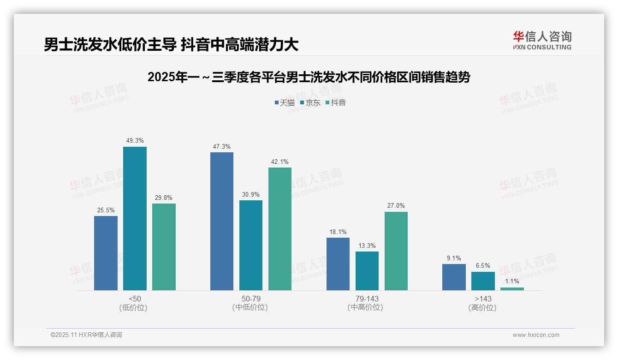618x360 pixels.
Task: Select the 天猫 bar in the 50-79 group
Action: click(222, 221)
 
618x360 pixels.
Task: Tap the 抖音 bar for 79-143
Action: click(396, 251)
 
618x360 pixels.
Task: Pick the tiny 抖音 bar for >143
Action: click(512, 289)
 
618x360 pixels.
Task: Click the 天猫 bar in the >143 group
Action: click(454, 277)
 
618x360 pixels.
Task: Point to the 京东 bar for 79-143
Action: click(367, 271)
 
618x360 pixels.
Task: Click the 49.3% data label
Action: click(135, 140)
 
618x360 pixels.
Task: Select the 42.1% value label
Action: click(280, 162)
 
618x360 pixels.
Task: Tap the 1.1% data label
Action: click(512, 281)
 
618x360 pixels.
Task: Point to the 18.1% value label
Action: click(338, 232)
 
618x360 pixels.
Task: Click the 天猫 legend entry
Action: click(285, 102)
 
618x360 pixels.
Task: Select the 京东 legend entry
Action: click(310, 102)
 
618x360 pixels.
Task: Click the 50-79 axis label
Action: click(251, 299)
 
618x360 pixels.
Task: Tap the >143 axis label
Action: click(483, 299)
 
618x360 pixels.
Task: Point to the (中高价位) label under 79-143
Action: click(367, 307)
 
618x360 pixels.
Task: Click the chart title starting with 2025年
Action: click(309, 77)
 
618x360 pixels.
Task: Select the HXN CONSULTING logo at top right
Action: click(542, 40)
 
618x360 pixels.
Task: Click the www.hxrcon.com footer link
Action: click(536, 335)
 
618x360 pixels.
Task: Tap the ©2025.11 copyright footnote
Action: click(86, 335)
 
